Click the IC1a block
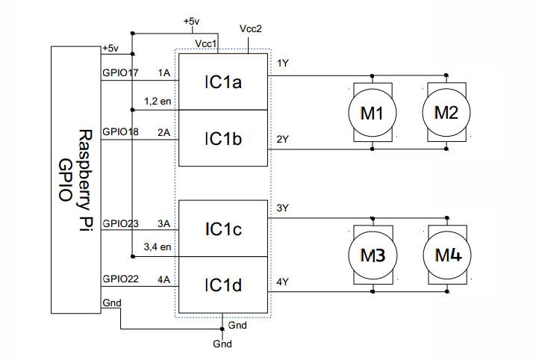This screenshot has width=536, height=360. click(223, 81)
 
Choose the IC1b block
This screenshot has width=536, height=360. click(223, 138)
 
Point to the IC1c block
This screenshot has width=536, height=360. click(223, 229)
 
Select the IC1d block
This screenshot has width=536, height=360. click(223, 285)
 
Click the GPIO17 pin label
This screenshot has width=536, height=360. click(120, 72)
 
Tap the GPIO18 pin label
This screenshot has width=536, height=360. click(120, 131)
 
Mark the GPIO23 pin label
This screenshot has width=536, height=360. click(120, 223)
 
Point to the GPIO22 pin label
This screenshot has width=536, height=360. click(120, 279)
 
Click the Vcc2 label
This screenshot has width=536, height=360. click(251, 28)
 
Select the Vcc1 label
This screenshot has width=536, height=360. click(206, 44)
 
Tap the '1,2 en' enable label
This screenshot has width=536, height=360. click(158, 101)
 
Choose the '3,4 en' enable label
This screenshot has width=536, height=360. click(158, 246)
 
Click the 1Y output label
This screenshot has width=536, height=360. click(283, 63)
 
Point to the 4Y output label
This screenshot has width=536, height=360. click(283, 282)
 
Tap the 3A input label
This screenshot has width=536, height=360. click(163, 223)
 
